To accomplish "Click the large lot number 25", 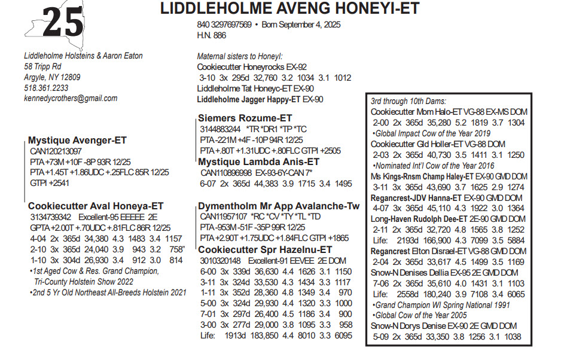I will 63,23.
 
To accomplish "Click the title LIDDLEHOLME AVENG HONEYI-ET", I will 290,9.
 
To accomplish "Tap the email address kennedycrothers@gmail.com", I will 66,99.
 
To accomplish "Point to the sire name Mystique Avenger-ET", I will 77,141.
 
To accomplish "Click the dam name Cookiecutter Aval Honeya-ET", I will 96,205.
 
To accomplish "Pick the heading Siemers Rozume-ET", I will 245,118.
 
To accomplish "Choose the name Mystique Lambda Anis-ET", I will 258,162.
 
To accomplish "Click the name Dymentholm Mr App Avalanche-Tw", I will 279,206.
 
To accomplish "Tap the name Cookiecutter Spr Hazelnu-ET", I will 265,249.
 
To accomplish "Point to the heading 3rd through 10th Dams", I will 408,101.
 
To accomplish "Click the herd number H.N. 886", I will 212,36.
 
